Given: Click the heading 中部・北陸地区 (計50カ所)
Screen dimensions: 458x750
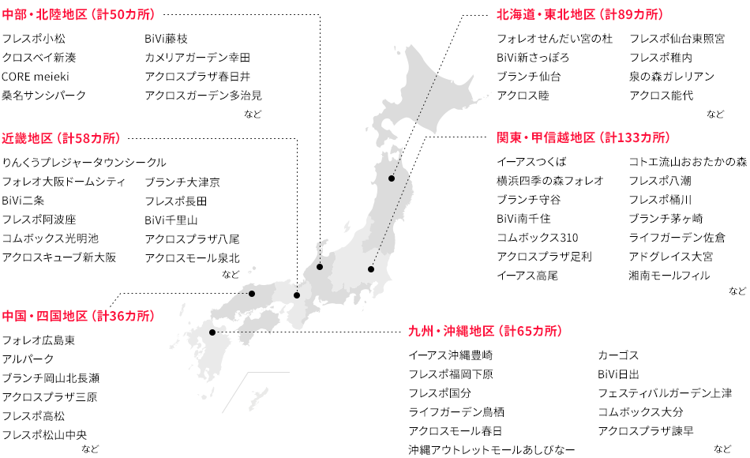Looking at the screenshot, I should pyautogui.click(x=79, y=15).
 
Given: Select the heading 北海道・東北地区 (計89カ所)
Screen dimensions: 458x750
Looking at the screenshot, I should pyautogui.click(x=579, y=15).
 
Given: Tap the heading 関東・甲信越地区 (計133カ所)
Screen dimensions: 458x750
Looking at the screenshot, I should pyautogui.click(x=583, y=137).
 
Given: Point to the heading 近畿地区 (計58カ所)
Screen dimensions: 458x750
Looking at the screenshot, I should pyautogui.click(x=61, y=137).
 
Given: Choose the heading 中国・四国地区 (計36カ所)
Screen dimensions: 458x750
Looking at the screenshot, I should pyautogui.click(x=79, y=316).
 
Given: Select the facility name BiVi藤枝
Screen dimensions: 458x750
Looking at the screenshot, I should pyautogui.click(x=166, y=39).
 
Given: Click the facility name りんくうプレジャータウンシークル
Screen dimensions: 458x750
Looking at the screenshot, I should pyautogui.click(x=84, y=163).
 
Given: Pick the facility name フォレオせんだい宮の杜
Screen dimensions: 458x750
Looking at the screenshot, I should pyautogui.click(x=554, y=39).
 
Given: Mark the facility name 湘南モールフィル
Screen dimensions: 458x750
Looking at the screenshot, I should pyautogui.click(x=669, y=276).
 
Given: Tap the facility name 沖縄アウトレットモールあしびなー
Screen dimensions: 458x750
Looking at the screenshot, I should pyautogui.click(x=491, y=450).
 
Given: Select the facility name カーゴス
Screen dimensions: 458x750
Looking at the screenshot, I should pyautogui.click(x=618, y=355).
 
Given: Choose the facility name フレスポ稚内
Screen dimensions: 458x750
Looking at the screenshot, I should pyautogui.click(x=661, y=58).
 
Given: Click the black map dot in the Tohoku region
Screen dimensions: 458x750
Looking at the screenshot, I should pyautogui.click(x=392, y=179).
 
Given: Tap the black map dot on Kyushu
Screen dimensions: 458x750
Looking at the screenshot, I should pyautogui.click(x=212, y=332).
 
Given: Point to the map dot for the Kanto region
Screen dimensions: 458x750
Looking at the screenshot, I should pyautogui.click(x=371, y=269).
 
